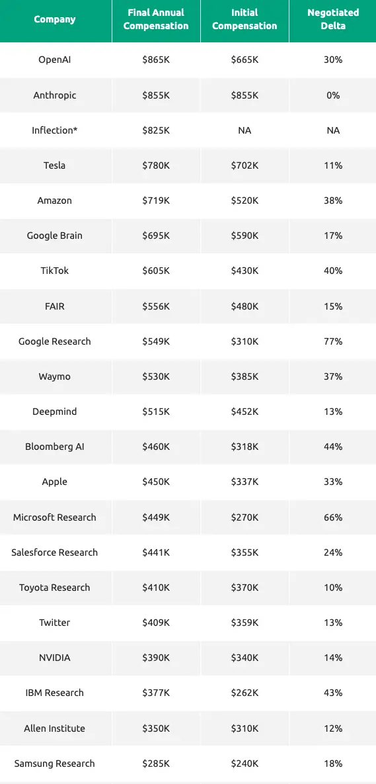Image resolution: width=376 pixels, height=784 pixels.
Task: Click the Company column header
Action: coord(55,19)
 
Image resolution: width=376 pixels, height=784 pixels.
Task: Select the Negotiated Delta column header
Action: coord(333,19)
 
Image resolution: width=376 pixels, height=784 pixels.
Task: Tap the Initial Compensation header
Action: coord(244,19)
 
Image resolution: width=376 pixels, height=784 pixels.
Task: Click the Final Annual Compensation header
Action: coord(156,19)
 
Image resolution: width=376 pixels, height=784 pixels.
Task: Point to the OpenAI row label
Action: coord(55,60)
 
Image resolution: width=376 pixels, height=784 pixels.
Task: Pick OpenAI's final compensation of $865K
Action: coord(156,60)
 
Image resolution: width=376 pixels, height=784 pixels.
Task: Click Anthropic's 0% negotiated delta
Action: coord(333,95)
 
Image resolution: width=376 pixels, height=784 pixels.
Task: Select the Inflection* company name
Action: coord(55,130)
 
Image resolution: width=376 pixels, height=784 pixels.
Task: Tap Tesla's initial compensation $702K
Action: coord(244,165)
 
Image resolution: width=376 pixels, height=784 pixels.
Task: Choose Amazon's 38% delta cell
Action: coord(333,200)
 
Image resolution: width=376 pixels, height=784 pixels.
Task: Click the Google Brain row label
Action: coord(55,236)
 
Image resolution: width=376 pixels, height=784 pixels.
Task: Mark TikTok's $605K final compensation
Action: coord(156,271)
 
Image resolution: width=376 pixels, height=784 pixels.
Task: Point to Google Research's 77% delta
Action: coord(333,341)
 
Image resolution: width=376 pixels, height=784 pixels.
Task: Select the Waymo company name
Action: coord(55,376)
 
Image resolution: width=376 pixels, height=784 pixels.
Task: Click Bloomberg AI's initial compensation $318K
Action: coord(244,447)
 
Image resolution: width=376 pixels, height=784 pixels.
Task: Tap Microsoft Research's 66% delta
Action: coord(333,517)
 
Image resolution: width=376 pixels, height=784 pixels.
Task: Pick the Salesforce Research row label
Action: coord(55,552)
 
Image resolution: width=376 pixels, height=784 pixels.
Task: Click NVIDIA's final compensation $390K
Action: coord(156,658)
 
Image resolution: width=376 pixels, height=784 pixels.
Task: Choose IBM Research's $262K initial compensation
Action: coord(244,693)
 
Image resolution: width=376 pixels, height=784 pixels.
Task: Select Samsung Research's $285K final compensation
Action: coord(156,763)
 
